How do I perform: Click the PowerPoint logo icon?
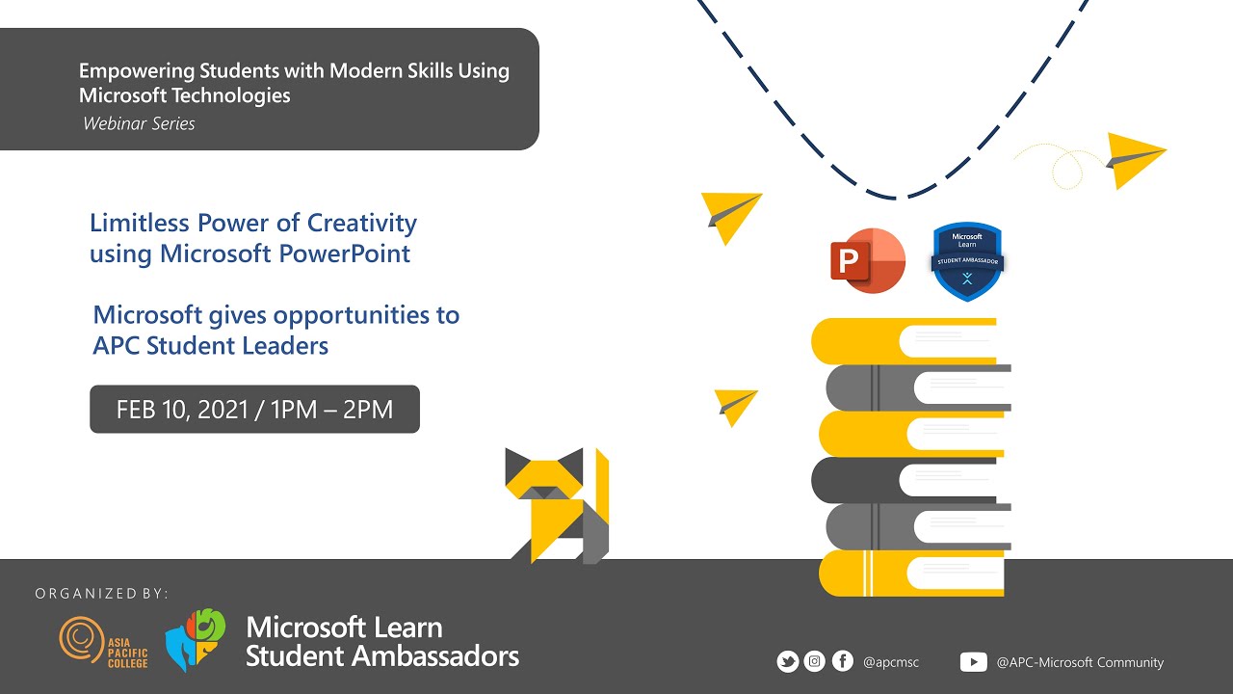coord(868,260)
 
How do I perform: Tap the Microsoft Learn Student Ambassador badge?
coord(967,261)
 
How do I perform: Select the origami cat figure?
coord(556,504)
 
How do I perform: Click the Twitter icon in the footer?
coord(787,661)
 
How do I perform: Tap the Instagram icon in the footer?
coord(815,661)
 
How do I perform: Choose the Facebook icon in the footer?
coord(842,661)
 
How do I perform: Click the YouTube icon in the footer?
coord(973,662)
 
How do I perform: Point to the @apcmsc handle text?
coord(891,662)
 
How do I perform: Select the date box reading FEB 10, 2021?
coord(254,409)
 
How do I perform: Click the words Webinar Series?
coord(139,123)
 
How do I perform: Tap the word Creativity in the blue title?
coord(361,223)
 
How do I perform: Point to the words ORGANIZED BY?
coord(101,593)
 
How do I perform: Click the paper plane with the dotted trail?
coord(1135,156)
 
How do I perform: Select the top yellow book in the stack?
coord(905,340)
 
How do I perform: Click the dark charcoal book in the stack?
coord(905,479)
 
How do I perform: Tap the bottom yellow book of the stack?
coord(910,573)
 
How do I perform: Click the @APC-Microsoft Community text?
coord(1080,662)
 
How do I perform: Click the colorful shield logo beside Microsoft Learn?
coord(196,639)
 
